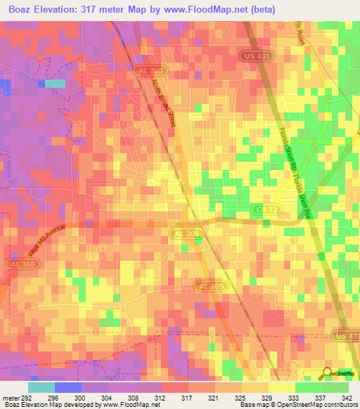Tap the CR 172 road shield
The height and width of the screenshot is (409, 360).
(x=262, y=210)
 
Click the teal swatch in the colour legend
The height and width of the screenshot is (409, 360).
(x=41, y=387)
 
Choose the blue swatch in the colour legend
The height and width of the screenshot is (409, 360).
(x=68, y=387)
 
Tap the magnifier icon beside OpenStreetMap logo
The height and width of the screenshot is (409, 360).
(x=328, y=373)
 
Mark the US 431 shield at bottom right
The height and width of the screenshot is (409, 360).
(x=347, y=338)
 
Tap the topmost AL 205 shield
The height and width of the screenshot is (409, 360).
(x=149, y=72)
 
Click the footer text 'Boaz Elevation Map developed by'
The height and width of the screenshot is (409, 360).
(x=41, y=405)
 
